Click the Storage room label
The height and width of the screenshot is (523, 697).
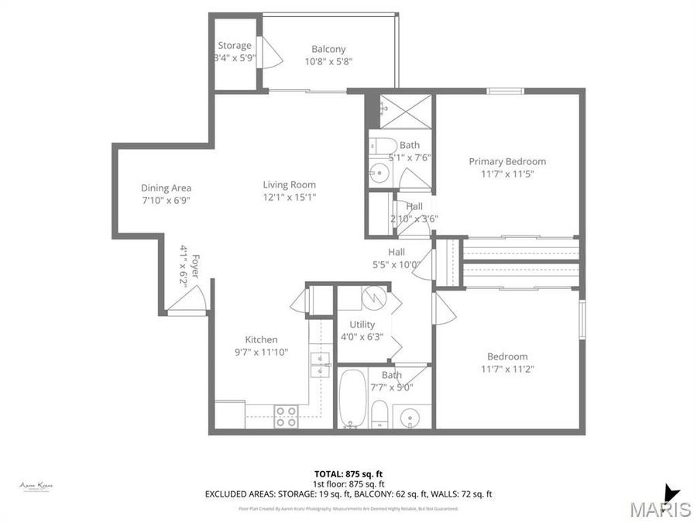click(x=234, y=45)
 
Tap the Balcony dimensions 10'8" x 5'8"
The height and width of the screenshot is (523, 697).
click(x=328, y=62)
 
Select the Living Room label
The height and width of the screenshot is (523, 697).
click(x=289, y=184)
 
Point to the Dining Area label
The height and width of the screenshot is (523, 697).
click(x=166, y=188)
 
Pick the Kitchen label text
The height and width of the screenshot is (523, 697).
click(x=261, y=339)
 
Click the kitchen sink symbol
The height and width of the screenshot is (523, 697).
click(x=319, y=364)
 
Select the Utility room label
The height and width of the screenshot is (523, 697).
click(x=362, y=325)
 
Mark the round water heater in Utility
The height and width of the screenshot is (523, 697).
click(x=373, y=297)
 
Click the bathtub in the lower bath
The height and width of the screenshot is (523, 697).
click(x=352, y=399)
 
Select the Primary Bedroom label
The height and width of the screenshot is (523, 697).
click(x=507, y=161)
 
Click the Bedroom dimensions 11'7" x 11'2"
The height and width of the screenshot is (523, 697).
click(x=507, y=369)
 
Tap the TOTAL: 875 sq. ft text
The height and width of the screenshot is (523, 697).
click(x=348, y=473)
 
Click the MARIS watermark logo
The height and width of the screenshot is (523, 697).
click(x=660, y=508)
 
